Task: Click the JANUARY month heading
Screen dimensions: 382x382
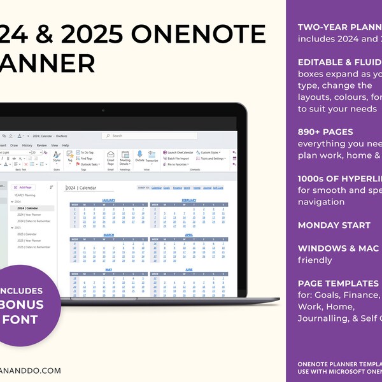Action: click(x=109, y=200)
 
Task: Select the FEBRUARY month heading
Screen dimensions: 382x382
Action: click(x=189, y=200)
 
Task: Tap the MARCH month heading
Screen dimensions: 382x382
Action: click(x=109, y=235)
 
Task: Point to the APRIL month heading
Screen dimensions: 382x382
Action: click(x=189, y=235)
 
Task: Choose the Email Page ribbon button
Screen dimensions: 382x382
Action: click(x=110, y=157)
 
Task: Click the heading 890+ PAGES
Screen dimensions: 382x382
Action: click(x=325, y=132)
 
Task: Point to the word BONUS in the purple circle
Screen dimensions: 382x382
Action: click(x=29, y=304)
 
